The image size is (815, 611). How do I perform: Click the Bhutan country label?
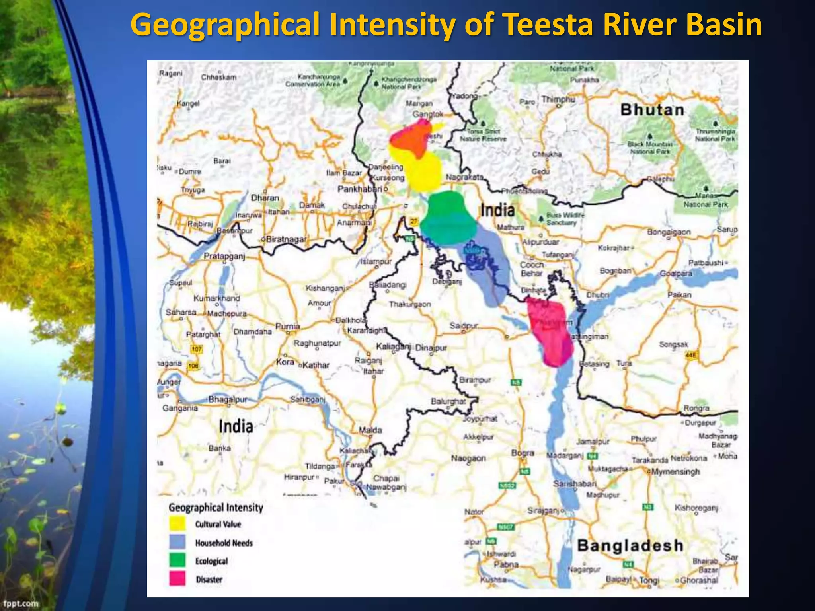(652, 110)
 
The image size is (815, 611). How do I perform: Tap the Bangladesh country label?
(630, 545)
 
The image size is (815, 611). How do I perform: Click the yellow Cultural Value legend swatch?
(177, 523)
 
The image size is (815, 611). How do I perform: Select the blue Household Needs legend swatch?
(177, 542)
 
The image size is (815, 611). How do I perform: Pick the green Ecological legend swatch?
(177, 560)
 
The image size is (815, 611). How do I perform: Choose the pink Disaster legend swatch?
(177, 579)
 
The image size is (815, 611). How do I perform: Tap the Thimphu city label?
(558, 99)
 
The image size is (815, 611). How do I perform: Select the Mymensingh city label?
(675, 472)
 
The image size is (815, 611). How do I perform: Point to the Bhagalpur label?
(228, 399)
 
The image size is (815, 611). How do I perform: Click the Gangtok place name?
(428, 114)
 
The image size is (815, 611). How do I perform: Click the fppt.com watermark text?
(21, 603)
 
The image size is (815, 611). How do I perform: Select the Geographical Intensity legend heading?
(216, 508)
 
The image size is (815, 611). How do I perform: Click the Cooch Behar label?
(532, 269)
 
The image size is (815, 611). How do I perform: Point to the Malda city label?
(370, 430)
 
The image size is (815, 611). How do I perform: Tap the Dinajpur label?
(431, 348)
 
